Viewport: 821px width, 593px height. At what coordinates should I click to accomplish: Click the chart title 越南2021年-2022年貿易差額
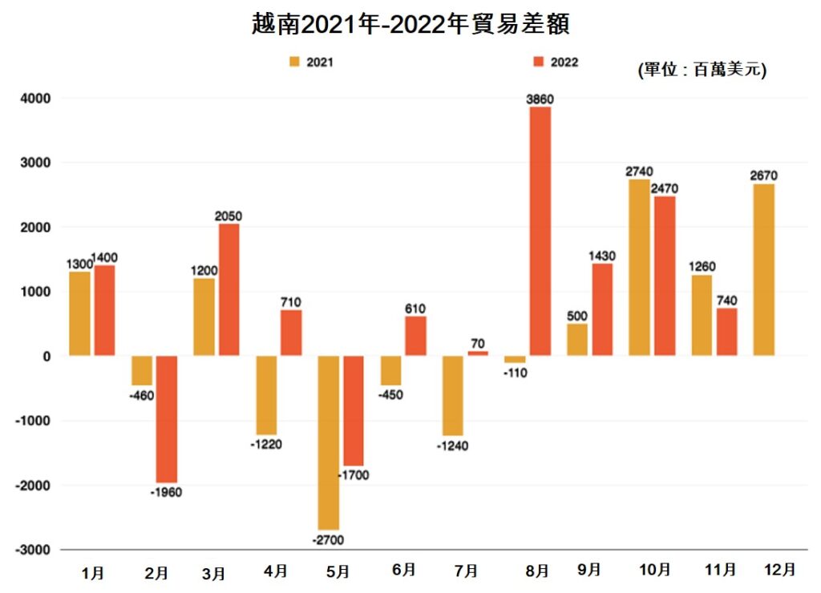[x=410, y=24]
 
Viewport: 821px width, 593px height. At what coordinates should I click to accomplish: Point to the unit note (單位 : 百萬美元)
[x=702, y=70]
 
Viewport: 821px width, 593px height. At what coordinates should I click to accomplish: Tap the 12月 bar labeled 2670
[x=763, y=269]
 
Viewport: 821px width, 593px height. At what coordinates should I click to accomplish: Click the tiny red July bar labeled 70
[x=477, y=353]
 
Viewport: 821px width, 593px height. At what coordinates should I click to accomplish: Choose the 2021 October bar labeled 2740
[x=639, y=268]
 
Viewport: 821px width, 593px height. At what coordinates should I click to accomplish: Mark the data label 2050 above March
[x=229, y=216]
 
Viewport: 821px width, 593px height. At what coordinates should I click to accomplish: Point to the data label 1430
[x=601, y=256]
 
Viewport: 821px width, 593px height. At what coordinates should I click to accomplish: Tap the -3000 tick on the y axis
[x=34, y=550]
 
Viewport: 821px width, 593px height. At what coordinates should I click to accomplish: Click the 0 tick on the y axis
[x=47, y=356]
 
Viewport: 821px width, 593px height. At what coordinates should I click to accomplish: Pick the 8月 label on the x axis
[x=538, y=571]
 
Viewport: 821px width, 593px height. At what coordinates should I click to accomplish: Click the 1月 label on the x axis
[x=92, y=573]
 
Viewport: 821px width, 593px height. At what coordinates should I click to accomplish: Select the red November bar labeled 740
[x=726, y=332]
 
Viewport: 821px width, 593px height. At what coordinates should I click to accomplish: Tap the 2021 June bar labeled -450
[x=390, y=370]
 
